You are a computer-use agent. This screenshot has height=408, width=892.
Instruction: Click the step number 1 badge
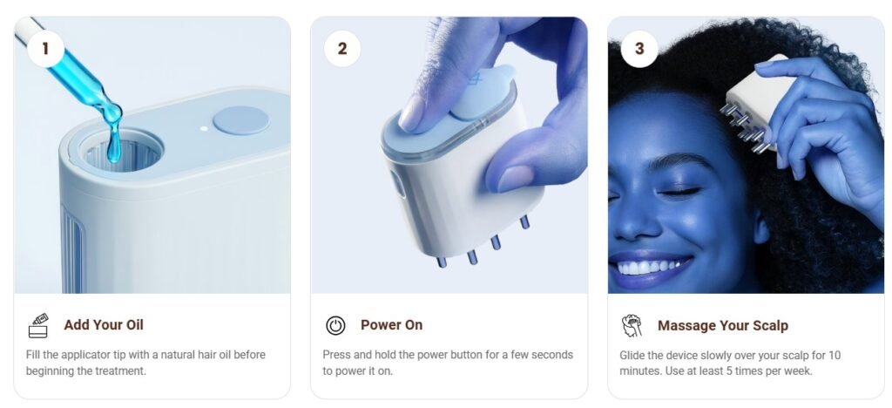(x=45, y=48)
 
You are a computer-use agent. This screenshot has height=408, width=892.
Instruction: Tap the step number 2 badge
(x=341, y=48)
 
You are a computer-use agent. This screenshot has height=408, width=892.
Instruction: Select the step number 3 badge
(x=639, y=49)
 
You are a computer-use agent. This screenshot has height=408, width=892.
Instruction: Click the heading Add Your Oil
(x=104, y=325)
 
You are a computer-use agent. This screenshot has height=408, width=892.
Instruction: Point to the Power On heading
(x=391, y=325)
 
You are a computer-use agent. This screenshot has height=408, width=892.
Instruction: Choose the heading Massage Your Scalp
(x=722, y=325)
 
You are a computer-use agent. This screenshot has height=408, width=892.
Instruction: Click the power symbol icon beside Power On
(x=335, y=325)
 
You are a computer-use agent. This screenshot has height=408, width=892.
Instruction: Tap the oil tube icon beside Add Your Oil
(x=38, y=325)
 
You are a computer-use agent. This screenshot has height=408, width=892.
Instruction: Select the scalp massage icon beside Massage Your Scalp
(x=632, y=325)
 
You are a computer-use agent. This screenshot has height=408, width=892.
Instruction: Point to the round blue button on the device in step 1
(x=240, y=120)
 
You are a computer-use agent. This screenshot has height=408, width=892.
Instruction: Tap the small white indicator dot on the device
(x=204, y=129)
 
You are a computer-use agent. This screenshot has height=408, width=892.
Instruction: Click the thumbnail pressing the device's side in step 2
(x=515, y=179)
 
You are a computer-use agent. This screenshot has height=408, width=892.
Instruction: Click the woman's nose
(x=632, y=225)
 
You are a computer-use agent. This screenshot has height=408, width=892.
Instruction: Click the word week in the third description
(x=799, y=371)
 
